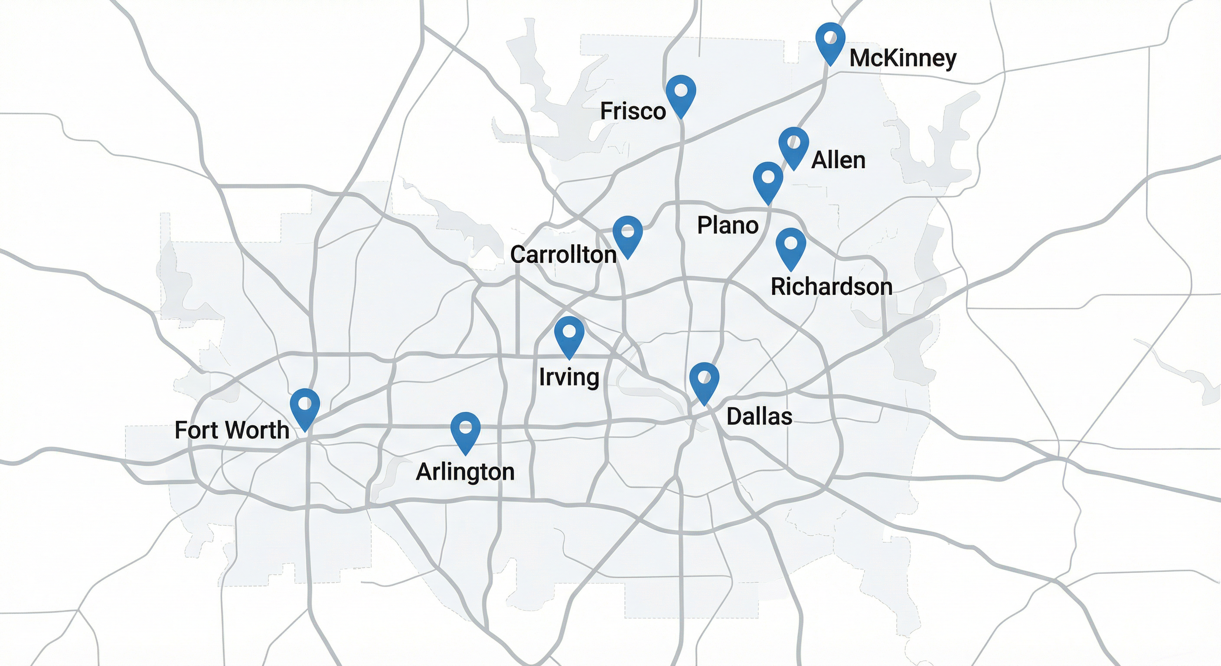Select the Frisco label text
click(x=633, y=111)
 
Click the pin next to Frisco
click(x=681, y=92)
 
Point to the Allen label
click(x=838, y=160)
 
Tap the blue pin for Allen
click(x=793, y=144)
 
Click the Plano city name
click(x=728, y=225)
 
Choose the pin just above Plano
click(x=768, y=179)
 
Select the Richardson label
click(x=831, y=287)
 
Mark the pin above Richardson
click(x=790, y=245)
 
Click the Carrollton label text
click(x=563, y=255)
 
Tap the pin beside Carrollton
click(x=627, y=233)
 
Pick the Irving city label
click(x=569, y=377)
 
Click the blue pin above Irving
click(x=569, y=334)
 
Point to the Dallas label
click(x=759, y=417)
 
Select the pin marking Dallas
click(x=704, y=380)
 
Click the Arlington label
click(x=465, y=472)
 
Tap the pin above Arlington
click(x=465, y=429)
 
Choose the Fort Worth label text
click(x=232, y=431)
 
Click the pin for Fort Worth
click(x=305, y=406)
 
